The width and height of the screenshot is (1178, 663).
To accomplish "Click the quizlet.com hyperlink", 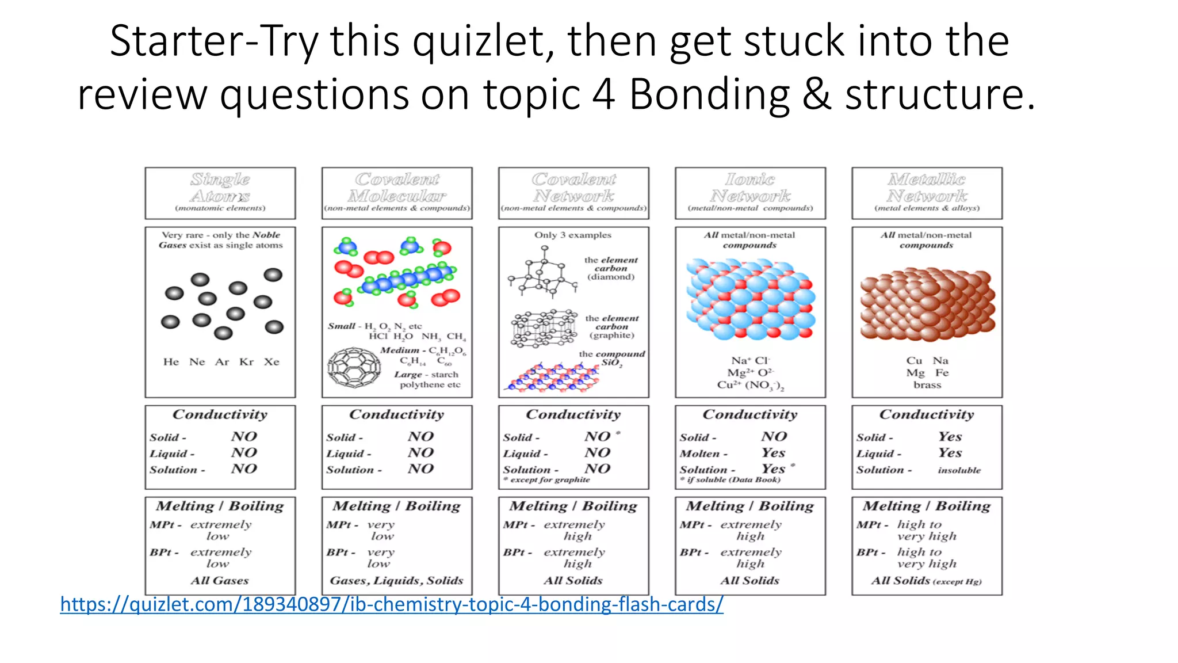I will click(x=391, y=604).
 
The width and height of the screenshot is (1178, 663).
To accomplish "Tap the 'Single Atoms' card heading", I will click(x=220, y=188).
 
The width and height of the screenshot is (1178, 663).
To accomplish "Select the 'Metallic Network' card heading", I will click(x=927, y=188).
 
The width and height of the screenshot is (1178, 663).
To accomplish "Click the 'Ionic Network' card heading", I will click(x=750, y=188).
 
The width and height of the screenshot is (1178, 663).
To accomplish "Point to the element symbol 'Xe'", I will click(x=271, y=362).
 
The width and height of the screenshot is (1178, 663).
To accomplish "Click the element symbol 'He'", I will click(x=171, y=362).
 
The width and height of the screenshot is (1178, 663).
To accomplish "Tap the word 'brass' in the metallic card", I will click(x=927, y=385).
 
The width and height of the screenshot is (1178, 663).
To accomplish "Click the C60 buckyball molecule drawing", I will click(x=354, y=368).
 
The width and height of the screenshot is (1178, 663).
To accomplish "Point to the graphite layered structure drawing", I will click(x=544, y=329).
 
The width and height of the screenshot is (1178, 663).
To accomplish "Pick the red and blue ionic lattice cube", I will click(x=750, y=299).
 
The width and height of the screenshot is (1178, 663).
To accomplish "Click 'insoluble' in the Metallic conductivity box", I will click(x=959, y=470).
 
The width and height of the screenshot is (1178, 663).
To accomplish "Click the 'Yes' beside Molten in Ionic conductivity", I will click(x=774, y=453).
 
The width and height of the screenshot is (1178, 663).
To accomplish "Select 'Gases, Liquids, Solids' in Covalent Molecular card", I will click(x=396, y=581).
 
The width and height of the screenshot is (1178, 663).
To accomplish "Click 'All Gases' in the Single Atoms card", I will click(x=220, y=581).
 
